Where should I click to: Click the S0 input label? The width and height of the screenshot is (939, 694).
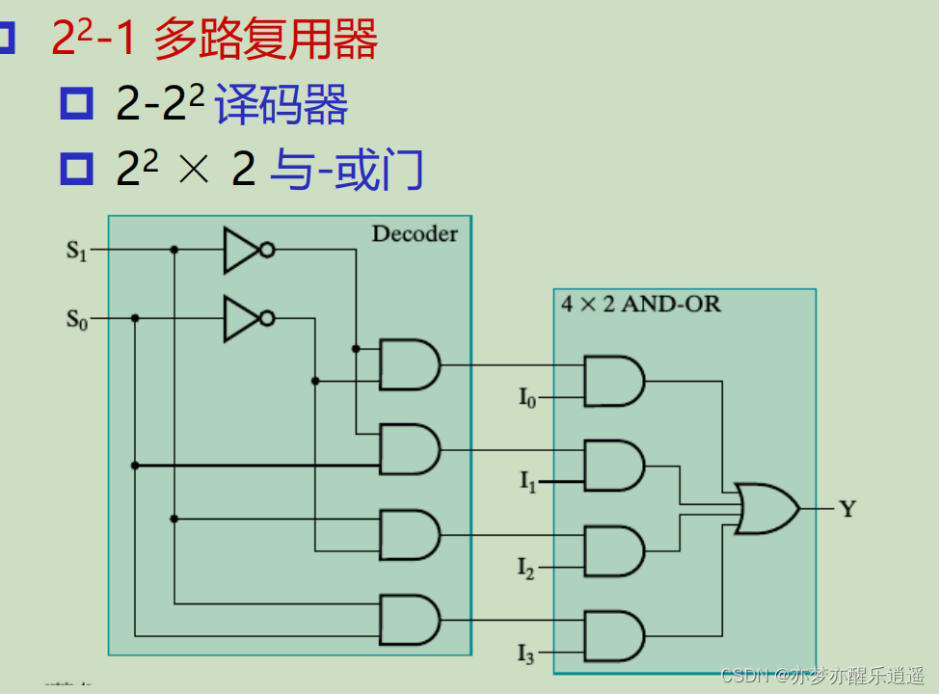(76, 318)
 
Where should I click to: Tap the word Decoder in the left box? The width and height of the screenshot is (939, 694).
(415, 233)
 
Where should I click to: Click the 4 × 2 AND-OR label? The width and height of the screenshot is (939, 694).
(640, 305)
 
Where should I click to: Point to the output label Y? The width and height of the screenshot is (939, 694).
(846, 509)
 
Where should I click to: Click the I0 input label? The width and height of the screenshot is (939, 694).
(526, 397)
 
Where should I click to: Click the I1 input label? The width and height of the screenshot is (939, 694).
(527, 482)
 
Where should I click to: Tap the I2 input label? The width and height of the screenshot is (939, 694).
(525, 569)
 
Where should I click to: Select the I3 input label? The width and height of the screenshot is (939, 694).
(525, 654)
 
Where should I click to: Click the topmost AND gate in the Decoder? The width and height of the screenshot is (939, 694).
(409, 364)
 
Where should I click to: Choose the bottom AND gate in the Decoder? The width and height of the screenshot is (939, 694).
(409, 619)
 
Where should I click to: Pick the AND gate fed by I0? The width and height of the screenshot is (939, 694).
(613, 381)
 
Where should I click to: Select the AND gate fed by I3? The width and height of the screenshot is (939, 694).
(613, 635)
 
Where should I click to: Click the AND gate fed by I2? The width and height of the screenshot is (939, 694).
(613, 550)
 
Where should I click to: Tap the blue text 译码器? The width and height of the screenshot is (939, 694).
(281, 104)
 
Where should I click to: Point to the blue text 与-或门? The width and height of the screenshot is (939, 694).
(346, 170)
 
